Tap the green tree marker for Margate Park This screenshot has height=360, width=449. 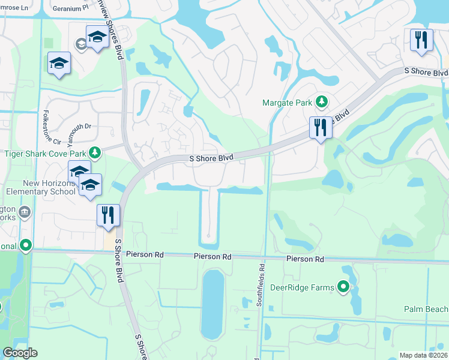[x=322, y=102]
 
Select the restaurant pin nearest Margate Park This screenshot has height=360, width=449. [x=320, y=128]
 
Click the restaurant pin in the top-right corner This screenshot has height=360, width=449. [x=421, y=40]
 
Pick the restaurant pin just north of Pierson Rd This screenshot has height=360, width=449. [x=108, y=215]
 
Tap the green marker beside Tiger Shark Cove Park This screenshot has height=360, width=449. [x=94, y=152]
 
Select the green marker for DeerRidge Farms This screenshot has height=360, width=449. [x=343, y=287]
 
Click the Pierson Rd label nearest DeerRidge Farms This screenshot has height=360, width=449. [x=305, y=259]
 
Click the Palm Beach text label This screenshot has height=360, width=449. [x=426, y=309]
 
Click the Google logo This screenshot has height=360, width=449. [x=20, y=353]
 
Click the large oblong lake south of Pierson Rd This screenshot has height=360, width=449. [x=213, y=304]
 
